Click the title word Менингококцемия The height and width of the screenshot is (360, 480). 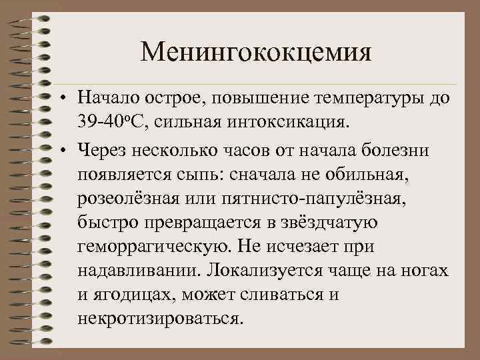tap(255, 51)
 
